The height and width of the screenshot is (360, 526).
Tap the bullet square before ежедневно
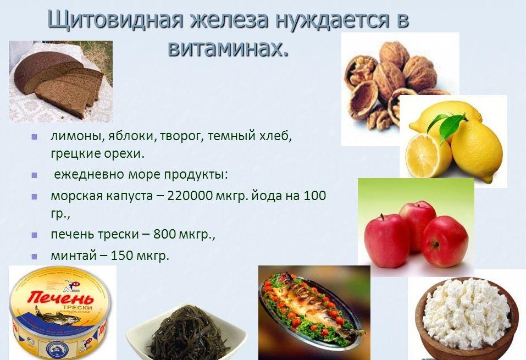coord(35,176)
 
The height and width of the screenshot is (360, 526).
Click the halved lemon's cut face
coord(425,155)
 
